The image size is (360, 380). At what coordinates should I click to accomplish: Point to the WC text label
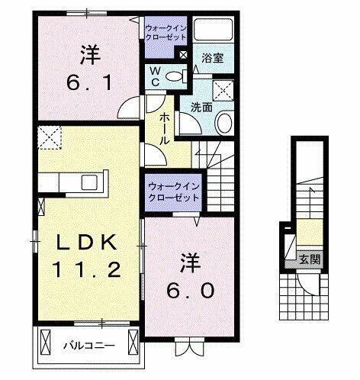click(153, 76)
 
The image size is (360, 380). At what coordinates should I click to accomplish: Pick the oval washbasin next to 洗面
click(224, 124)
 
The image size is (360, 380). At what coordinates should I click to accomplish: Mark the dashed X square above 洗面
click(225, 89)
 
